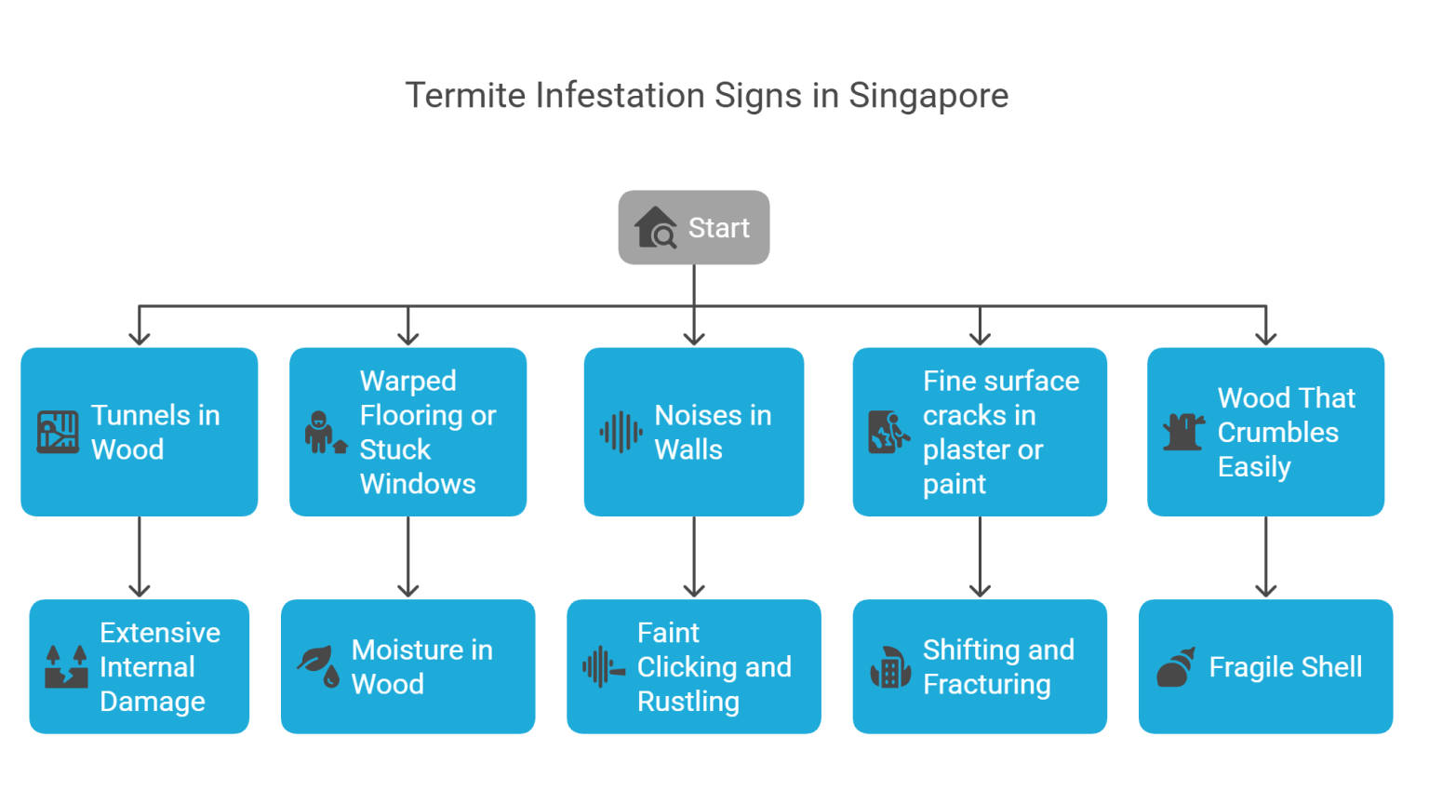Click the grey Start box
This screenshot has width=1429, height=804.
point(693,228)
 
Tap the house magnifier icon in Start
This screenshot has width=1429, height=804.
point(656,228)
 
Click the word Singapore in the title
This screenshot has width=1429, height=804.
point(928,96)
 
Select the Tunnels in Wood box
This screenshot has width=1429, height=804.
point(140,432)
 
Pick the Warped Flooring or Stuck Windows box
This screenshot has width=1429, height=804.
point(408,432)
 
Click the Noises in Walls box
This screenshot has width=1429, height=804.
point(693,432)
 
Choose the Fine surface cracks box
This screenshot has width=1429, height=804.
point(980,432)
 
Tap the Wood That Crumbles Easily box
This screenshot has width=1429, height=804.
point(1265,432)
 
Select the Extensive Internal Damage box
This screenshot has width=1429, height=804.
point(140,666)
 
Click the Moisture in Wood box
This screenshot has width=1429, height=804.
point(408,666)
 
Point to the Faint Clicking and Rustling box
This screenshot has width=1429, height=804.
point(693,666)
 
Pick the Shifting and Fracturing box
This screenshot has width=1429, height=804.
point(980,666)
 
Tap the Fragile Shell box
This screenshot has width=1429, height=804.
point(1265,666)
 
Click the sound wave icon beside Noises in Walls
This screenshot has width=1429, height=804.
point(621,433)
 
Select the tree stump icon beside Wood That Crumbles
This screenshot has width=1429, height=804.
point(1183,433)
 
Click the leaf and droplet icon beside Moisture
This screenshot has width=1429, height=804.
point(317,666)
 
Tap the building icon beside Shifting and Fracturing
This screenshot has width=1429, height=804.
point(889,667)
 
